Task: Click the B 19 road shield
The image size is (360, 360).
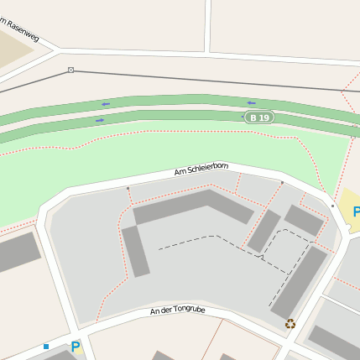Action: tap(259, 117)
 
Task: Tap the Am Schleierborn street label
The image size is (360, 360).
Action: tap(201, 170)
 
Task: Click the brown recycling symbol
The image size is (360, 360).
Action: tap(290, 324)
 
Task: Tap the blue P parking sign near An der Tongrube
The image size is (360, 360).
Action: tap(76, 346)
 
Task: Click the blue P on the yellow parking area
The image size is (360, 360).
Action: tap(356, 211)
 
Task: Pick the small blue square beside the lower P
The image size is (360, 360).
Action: tap(46, 346)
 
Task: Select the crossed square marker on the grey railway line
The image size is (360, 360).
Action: tap(70, 70)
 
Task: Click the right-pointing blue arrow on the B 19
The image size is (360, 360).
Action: tap(100, 120)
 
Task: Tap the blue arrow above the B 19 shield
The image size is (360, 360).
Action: tap(251, 103)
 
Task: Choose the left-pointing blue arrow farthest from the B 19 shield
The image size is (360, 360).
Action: tap(106, 104)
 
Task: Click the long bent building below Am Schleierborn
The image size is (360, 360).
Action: tap(193, 205)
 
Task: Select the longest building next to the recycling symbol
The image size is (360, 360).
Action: tap(300, 281)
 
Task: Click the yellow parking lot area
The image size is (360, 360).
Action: tap(347, 214)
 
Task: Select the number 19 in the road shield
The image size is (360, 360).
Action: tap(264, 117)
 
